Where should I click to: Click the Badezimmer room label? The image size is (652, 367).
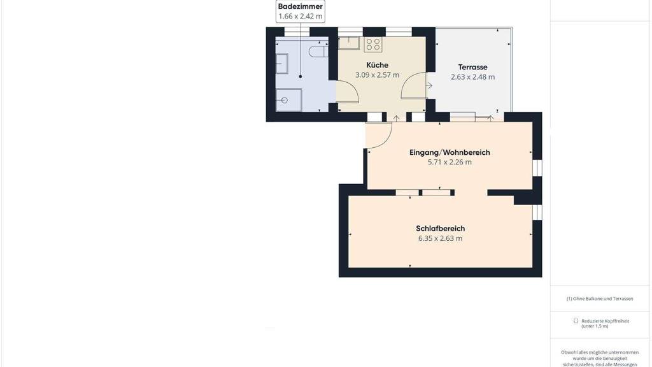[301, 6]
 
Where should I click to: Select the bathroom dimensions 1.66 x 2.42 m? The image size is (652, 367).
[301, 17]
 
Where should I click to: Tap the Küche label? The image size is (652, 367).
[377, 65]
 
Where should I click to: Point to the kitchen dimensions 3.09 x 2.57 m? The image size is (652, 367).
[377, 75]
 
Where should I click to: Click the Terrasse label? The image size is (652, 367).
[473, 67]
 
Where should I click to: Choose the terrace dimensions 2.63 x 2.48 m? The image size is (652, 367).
[473, 77]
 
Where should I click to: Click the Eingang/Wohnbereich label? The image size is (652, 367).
[450, 152]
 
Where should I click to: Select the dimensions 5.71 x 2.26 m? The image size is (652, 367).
[450, 162]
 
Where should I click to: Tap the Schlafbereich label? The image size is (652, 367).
[441, 229]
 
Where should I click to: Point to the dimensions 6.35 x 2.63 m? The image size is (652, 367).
[441, 238]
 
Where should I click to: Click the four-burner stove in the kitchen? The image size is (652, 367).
[373, 45]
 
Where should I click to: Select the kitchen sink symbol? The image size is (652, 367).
[348, 43]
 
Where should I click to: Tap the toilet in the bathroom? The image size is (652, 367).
[318, 52]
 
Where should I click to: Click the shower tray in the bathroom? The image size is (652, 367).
[289, 100]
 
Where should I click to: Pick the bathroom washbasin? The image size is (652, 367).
[282, 64]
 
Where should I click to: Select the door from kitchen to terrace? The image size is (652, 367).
[413, 85]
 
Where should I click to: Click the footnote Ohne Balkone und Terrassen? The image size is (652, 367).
[600, 299]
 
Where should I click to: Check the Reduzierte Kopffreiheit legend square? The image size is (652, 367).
[576, 321]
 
